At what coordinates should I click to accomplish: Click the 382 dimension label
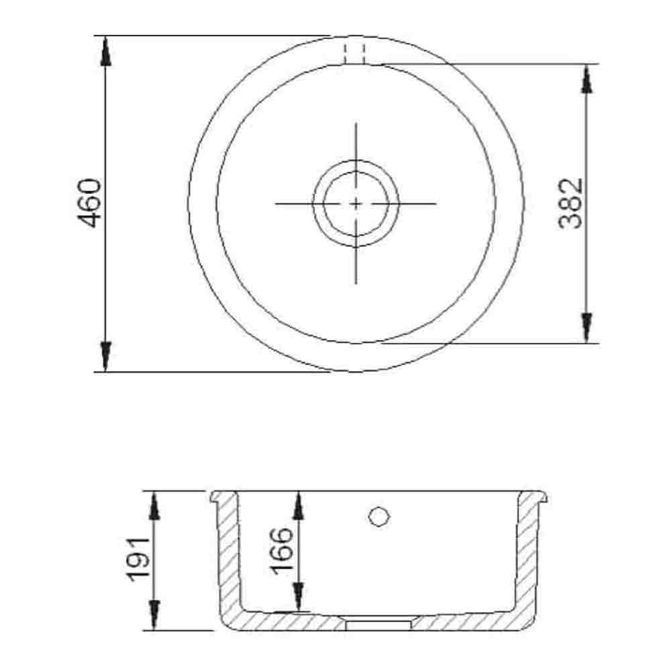571,203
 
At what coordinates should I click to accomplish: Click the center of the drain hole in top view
356,203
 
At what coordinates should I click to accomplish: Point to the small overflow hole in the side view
378,516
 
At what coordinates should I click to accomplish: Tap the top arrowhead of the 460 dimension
105,50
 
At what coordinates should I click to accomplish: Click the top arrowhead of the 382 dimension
587,79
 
